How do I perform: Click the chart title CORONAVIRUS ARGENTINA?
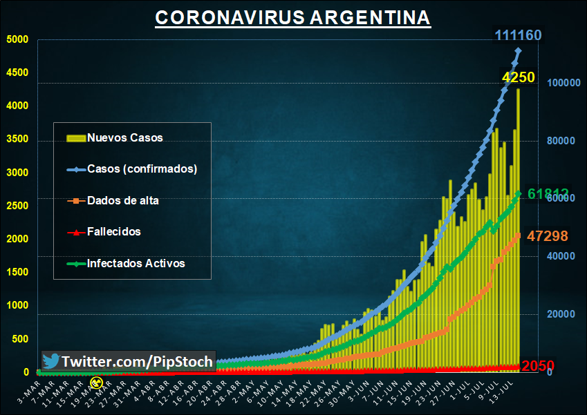click(x=292, y=18)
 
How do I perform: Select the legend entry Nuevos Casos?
click(x=124, y=137)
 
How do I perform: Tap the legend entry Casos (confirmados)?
click(x=142, y=169)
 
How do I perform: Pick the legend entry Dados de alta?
click(x=122, y=201)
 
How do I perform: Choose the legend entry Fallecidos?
click(x=113, y=232)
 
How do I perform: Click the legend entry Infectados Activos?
click(x=136, y=263)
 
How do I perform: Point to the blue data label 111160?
click(x=518, y=35)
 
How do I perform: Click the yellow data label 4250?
click(x=518, y=77)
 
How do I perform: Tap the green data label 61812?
click(x=548, y=194)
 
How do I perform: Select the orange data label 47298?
click(x=548, y=236)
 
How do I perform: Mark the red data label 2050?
click(x=539, y=366)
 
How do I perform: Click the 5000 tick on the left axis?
click(x=17, y=39)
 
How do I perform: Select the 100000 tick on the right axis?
click(x=562, y=83)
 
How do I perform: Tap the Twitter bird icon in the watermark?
click(x=50, y=361)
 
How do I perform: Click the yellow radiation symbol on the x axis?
click(x=97, y=381)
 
